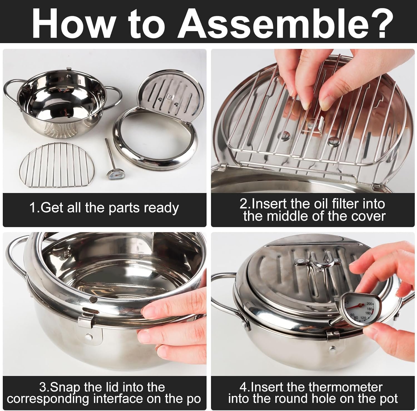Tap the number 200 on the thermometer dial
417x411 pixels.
point(369,304)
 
